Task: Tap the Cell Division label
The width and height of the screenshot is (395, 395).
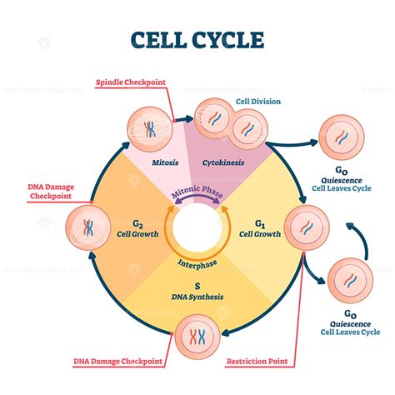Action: click(x=258, y=102)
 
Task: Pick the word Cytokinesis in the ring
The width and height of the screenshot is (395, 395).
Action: click(x=222, y=163)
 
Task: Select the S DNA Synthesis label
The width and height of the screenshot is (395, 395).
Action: click(x=197, y=291)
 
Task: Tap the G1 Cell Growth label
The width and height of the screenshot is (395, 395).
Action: click(x=258, y=228)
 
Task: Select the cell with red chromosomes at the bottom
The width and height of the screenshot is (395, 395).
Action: click(x=197, y=338)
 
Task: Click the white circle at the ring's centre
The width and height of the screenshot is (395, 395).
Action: click(x=197, y=227)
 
